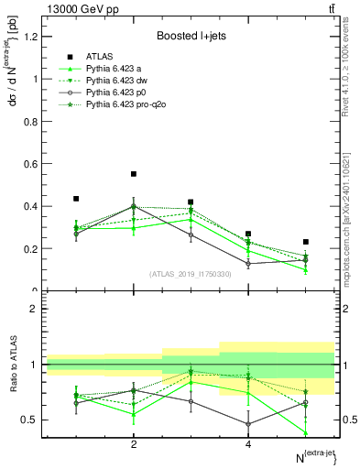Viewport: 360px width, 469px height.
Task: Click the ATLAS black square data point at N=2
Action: click(x=134, y=174)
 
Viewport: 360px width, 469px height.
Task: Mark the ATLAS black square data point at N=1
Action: click(x=76, y=199)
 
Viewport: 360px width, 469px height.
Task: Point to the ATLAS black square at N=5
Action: click(x=306, y=242)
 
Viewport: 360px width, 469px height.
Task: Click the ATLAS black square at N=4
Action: click(x=248, y=234)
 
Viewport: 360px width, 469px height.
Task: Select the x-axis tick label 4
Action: click(x=248, y=445)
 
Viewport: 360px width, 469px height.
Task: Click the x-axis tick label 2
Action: click(x=134, y=445)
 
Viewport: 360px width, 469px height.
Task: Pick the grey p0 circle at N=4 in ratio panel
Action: click(x=248, y=424)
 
